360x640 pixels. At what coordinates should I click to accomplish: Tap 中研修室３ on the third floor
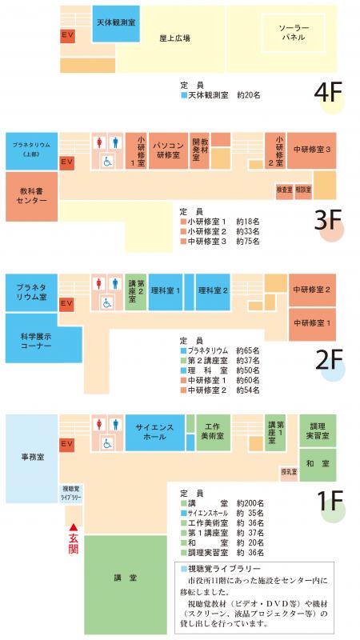[311, 149]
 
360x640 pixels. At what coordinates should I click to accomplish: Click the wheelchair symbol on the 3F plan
[106, 161]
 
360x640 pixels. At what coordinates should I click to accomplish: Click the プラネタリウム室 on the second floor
[31, 290]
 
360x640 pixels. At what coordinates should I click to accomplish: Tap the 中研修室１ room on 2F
[311, 323]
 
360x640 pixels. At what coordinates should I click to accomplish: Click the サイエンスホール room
[154, 433]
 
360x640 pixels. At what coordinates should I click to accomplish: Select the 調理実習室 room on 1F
[317, 431]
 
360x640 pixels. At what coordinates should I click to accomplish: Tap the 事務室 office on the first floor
[32, 458]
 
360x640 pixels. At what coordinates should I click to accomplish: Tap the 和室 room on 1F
[317, 463]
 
